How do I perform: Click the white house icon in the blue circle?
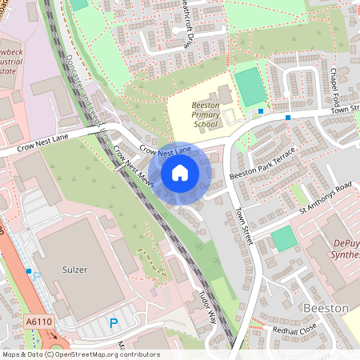click(x=180, y=173)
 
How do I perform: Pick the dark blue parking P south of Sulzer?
click(x=113, y=323)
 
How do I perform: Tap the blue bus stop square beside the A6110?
click(x=29, y=272)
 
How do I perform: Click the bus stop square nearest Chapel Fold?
click(x=288, y=118)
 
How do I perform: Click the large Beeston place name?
click(x=326, y=308)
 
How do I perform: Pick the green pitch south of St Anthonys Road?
click(x=282, y=238)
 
